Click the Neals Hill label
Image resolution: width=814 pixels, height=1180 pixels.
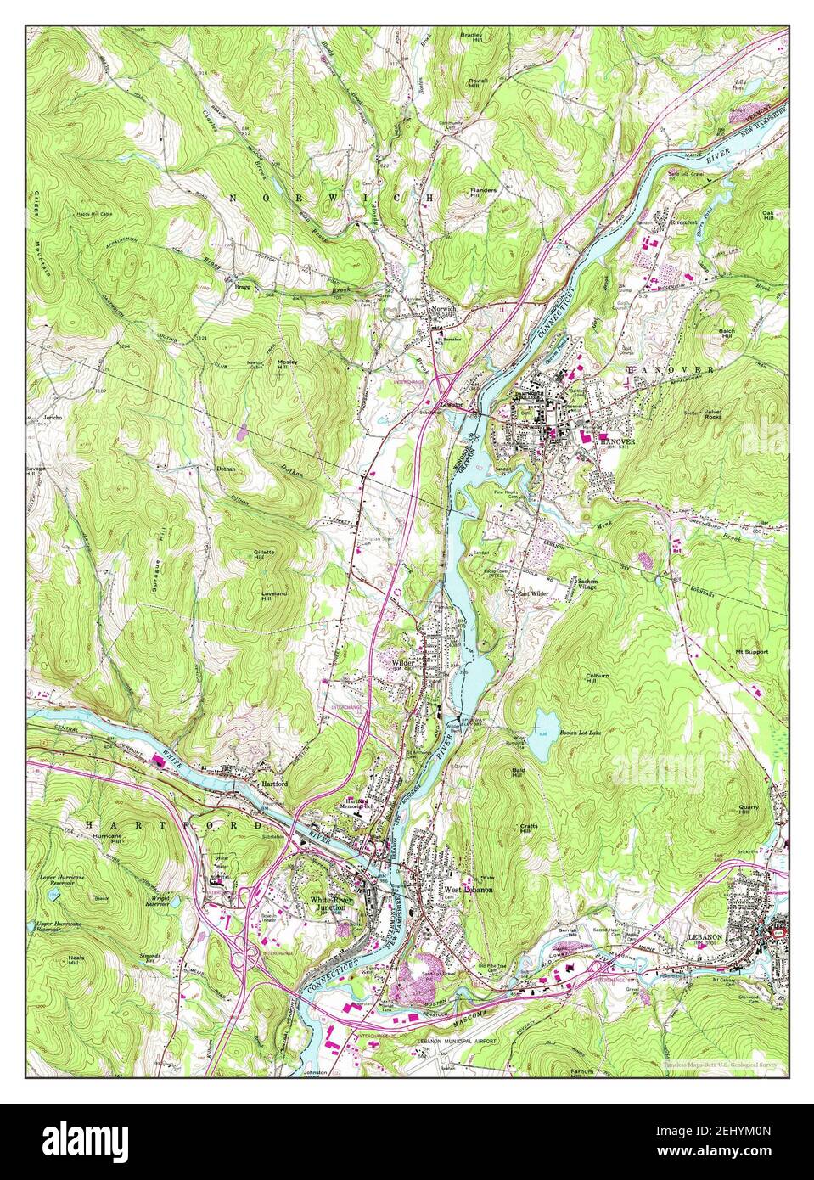(78, 962)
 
